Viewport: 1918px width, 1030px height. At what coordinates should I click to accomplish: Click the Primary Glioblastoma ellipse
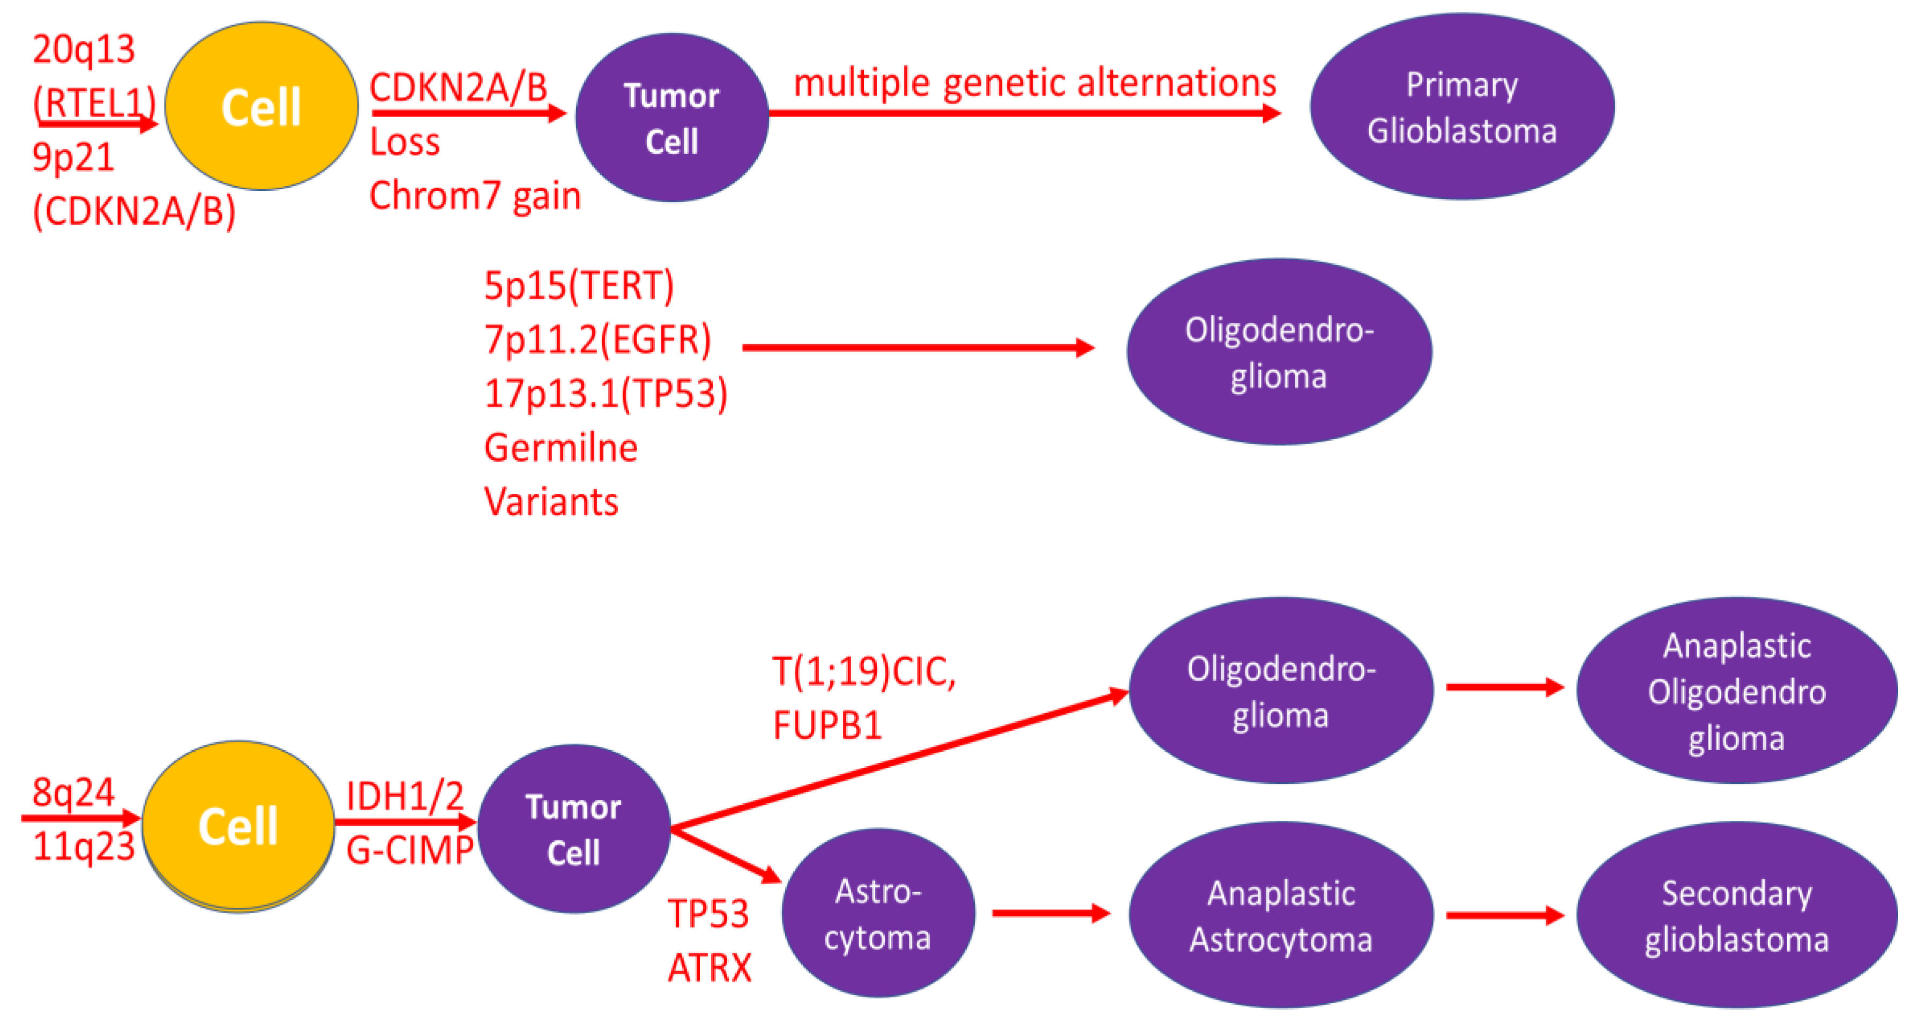pyautogui.click(x=1461, y=107)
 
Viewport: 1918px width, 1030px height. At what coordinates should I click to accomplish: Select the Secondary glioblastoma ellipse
pyautogui.click(x=1736, y=915)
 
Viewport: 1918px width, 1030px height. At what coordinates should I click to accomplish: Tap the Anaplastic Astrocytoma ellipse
pyautogui.click(x=1281, y=915)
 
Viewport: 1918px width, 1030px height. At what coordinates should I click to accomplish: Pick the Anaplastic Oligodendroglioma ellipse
pyautogui.click(x=1736, y=691)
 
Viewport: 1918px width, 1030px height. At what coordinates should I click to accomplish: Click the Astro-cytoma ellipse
pyautogui.click(x=878, y=913)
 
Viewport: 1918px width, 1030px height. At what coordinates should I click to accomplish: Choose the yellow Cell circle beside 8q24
pyautogui.click(x=238, y=826)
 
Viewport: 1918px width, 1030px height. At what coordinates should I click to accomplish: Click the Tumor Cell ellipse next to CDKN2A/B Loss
pyautogui.click(x=671, y=117)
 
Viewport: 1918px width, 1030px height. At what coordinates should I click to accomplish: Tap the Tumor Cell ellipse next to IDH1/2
pyautogui.click(x=573, y=829)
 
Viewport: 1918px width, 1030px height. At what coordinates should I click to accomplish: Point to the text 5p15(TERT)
pyautogui.click(x=579, y=286)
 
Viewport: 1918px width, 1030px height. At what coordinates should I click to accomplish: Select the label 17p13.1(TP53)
pyautogui.click(x=606, y=393)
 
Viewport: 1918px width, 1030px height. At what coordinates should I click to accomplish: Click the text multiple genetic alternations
pyautogui.click(x=1035, y=83)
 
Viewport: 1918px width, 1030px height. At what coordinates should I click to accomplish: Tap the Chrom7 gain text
pyautogui.click(x=475, y=196)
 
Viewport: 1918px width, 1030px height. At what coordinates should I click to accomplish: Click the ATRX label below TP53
pyautogui.click(x=710, y=968)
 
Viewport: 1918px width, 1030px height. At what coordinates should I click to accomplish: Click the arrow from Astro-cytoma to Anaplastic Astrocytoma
pyautogui.click(x=1050, y=914)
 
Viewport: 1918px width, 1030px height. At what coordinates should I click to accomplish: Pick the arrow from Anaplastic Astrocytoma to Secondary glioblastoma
pyautogui.click(x=1504, y=915)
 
